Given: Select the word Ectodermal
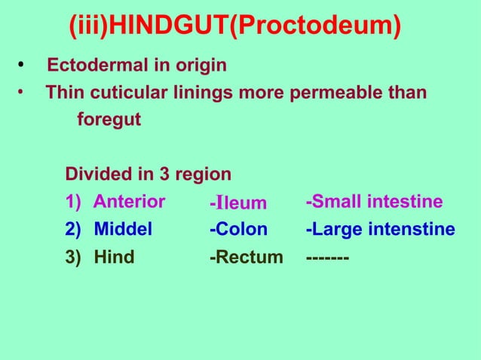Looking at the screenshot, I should tap(93, 66).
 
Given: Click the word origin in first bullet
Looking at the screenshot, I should tap(199, 66).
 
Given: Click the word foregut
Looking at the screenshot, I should tap(109, 121).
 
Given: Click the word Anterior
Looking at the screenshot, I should tap(129, 202).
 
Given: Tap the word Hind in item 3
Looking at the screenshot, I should tap(114, 258).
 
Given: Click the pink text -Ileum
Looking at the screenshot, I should tap(238, 203).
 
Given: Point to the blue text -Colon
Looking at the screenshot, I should tap(238, 230).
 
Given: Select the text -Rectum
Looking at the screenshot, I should tap(246, 258).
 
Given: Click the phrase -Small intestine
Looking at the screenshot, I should tap(374, 202).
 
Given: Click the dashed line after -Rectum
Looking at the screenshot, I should tap(327, 258).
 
